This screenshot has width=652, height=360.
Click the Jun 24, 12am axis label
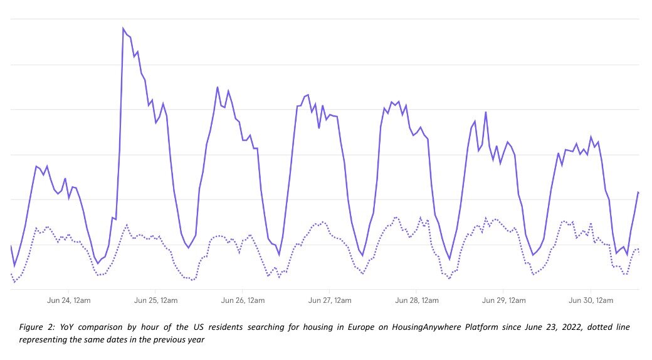click(69, 300)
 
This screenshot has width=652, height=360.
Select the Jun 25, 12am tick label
click(155, 300)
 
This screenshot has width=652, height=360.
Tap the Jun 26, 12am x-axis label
click(243, 300)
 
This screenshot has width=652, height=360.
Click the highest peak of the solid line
click(123, 28)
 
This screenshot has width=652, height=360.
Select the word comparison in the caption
click(104, 328)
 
